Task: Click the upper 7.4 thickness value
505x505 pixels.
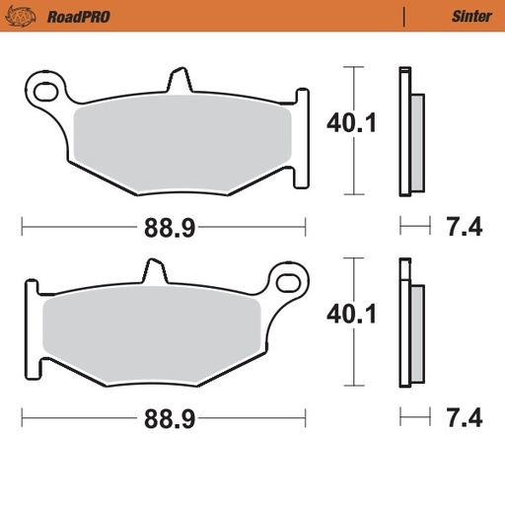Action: pos(464,229)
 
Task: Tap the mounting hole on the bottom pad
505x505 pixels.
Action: pos(290,284)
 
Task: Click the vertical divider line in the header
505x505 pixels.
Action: pos(403,16)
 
